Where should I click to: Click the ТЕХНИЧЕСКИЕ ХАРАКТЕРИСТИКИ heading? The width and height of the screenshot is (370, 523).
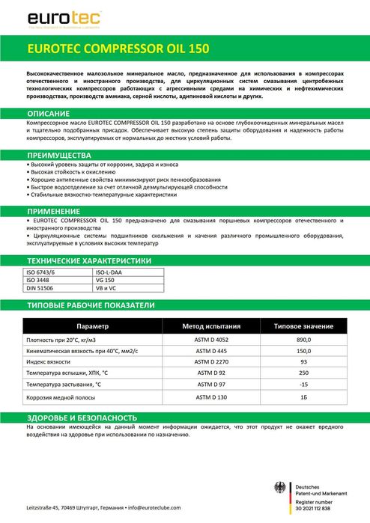coord(89,260)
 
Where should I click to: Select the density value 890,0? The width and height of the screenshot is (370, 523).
coord(303,340)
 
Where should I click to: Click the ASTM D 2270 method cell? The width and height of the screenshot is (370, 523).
coord(211,361)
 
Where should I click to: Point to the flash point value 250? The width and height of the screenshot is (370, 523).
coord(303,372)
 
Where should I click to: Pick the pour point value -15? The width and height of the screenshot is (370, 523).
coord(303,382)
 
